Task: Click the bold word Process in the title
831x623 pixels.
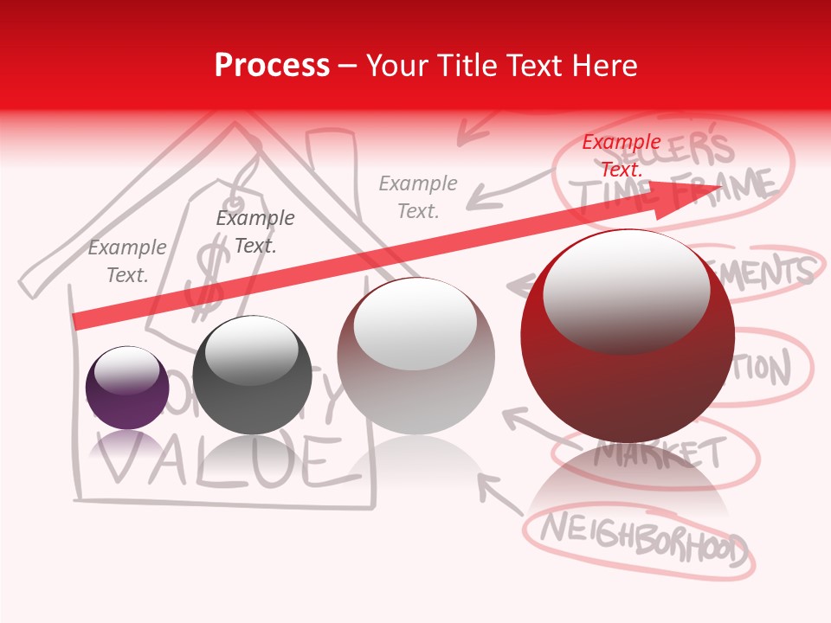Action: [x=272, y=66]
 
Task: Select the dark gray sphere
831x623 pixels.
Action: [x=252, y=376]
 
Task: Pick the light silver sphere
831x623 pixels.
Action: [x=415, y=356]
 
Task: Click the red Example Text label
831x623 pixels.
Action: [x=622, y=155]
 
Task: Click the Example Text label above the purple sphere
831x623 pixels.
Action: [x=127, y=261]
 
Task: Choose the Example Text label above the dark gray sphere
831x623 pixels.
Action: [x=255, y=232]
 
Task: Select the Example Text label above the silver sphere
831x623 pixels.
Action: [x=418, y=196]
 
